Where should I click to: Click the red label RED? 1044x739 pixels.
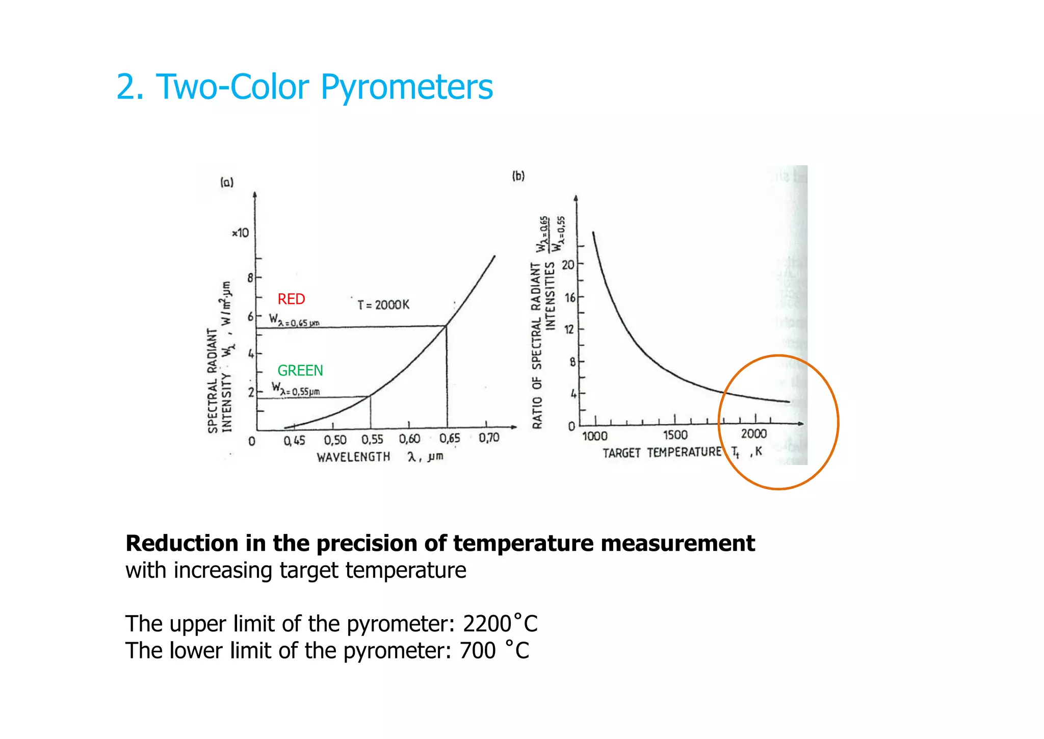[291, 299]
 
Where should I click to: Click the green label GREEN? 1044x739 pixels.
[300, 370]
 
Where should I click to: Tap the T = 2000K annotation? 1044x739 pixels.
[383, 305]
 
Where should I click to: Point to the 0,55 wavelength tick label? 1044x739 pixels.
[372, 440]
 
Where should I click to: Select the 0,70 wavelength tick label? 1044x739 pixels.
[489, 438]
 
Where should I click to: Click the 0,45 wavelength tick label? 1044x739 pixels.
[295, 441]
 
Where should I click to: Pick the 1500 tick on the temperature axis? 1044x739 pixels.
[675, 435]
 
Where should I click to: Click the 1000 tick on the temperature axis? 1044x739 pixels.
[595, 436]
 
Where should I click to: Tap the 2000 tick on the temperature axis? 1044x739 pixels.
[753, 434]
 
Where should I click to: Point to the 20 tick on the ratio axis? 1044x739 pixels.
[568, 265]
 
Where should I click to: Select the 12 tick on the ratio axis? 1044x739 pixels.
[569, 329]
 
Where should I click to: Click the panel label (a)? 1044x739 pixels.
[227, 182]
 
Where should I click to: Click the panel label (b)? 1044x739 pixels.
[518, 176]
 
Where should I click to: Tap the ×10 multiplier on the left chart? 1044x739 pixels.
[240, 233]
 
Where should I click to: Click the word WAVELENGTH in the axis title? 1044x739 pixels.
[353, 457]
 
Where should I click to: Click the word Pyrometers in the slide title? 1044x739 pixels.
[406, 87]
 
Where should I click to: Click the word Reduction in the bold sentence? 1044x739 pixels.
[182, 543]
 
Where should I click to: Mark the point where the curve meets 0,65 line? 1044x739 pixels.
[447, 325]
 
